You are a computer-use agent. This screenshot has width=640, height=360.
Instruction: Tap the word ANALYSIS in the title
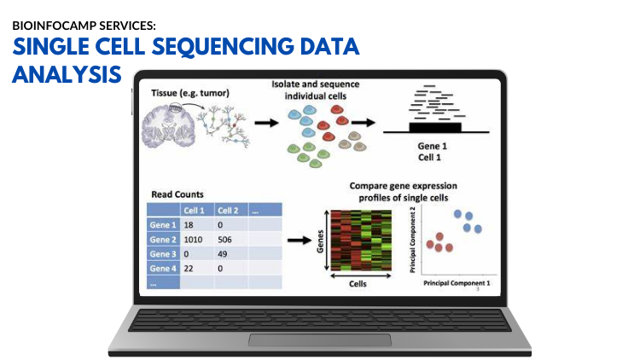[x=66, y=75]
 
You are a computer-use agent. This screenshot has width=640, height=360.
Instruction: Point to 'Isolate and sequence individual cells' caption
[x=316, y=91]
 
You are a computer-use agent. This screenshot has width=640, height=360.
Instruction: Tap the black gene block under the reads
[x=435, y=127]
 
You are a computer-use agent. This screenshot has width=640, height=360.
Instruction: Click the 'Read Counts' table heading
[x=177, y=195]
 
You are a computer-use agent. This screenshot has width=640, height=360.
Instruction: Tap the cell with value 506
[x=228, y=240]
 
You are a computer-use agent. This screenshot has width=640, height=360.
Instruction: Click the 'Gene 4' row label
[x=163, y=269]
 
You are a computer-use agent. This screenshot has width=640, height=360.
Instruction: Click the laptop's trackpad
[x=319, y=340]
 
